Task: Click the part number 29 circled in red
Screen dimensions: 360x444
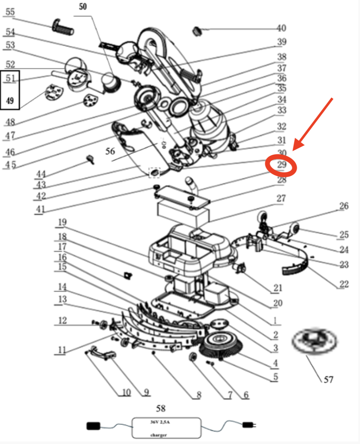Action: [282, 164]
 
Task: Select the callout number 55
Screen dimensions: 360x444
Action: [10, 12]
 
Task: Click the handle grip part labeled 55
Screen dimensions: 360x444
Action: [63, 27]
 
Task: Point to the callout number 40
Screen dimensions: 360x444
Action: [281, 28]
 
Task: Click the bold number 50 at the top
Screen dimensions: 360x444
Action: [83, 7]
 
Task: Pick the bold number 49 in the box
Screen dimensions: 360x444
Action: [10, 100]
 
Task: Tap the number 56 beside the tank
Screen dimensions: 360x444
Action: [110, 151]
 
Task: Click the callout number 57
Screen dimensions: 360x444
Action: [329, 379]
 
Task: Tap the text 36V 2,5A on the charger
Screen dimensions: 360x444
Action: [160, 422]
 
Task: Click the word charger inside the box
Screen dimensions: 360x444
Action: [159, 435]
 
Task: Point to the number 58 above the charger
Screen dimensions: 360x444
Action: [161, 408]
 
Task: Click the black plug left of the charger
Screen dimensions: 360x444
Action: [93, 426]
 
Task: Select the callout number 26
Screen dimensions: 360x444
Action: [344, 206]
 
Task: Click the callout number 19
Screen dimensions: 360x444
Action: [62, 222]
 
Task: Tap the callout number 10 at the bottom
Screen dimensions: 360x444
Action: [126, 392]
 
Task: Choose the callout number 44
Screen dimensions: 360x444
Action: [41, 174]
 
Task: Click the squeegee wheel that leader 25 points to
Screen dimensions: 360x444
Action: [294, 228]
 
